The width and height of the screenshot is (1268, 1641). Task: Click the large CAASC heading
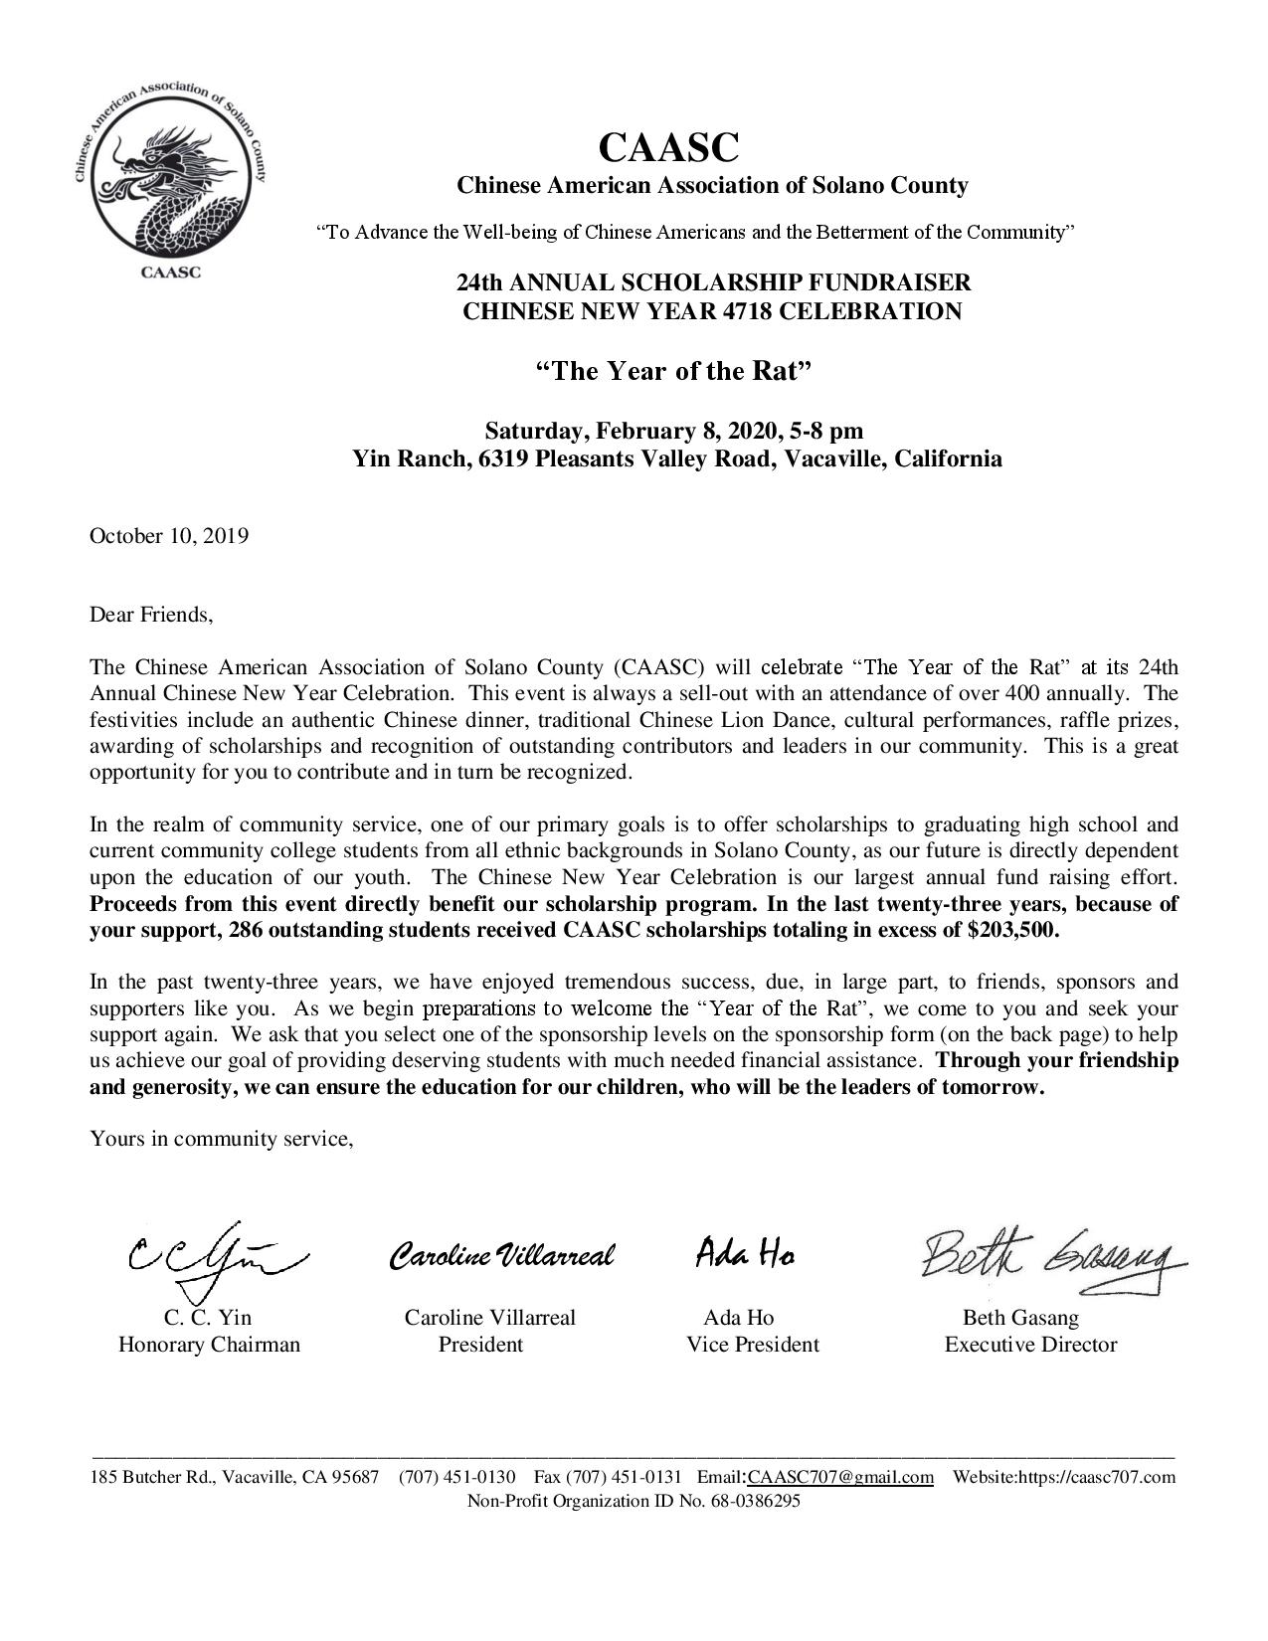pyautogui.click(x=668, y=148)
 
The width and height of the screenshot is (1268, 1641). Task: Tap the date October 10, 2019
pyautogui.click(x=169, y=536)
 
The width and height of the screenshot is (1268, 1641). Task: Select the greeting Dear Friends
pyautogui.click(x=151, y=614)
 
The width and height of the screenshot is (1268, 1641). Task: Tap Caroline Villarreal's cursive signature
pyautogui.click(x=502, y=1255)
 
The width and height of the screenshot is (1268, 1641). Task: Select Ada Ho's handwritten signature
pyautogui.click(x=745, y=1254)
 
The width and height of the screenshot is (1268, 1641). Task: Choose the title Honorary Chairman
pyautogui.click(x=209, y=1345)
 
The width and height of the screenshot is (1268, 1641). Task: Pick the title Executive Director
pyautogui.click(x=1030, y=1345)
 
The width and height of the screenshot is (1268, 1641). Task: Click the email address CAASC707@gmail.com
pyautogui.click(x=840, y=1477)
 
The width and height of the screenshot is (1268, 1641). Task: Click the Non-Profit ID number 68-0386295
pyautogui.click(x=755, y=1502)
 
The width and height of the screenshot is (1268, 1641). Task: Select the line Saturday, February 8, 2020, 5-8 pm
pyautogui.click(x=674, y=431)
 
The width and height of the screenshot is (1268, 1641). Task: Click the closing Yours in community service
pyautogui.click(x=222, y=1138)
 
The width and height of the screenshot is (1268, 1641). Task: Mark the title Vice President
pyautogui.click(x=753, y=1345)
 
